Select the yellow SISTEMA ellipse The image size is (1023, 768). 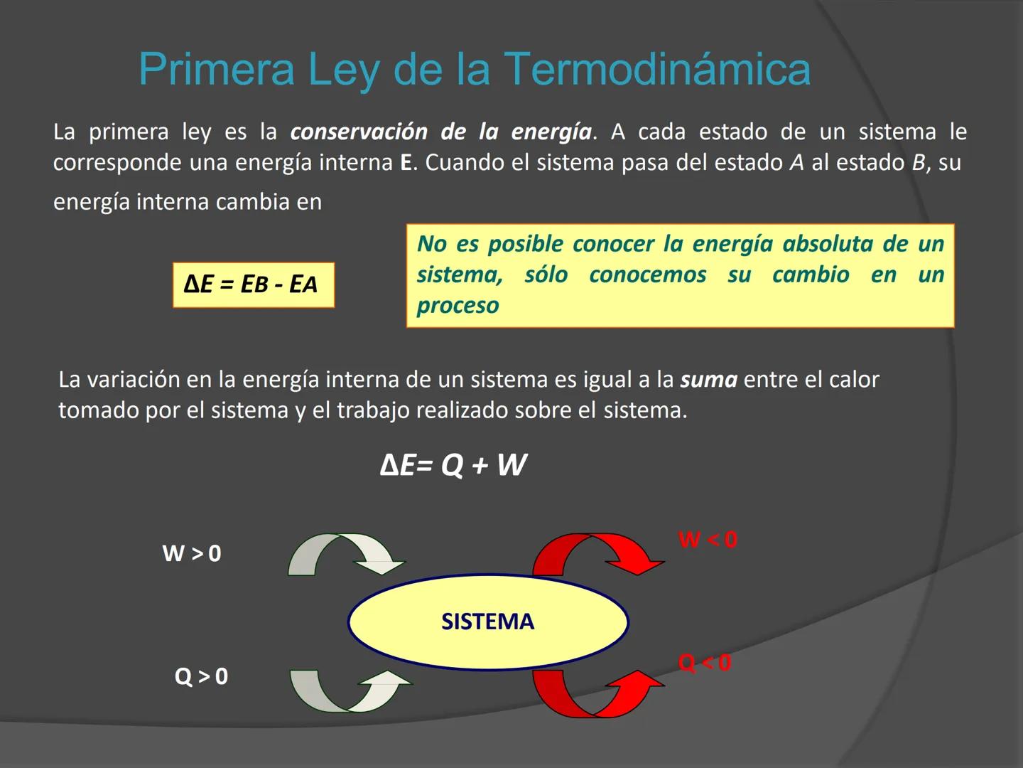pyautogui.click(x=488, y=622)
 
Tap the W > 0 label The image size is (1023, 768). pyautogui.click(x=192, y=553)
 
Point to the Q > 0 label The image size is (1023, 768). pyautogui.click(x=202, y=676)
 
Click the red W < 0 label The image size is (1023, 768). pyautogui.click(x=708, y=540)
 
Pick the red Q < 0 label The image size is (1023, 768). pyautogui.click(x=704, y=663)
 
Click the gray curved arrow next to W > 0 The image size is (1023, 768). pyautogui.click(x=345, y=553)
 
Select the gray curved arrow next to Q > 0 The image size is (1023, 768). pyautogui.click(x=348, y=690)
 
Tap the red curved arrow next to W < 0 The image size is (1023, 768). pyautogui.click(x=597, y=553)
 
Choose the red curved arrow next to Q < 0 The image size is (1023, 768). pyautogui.click(x=597, y=693)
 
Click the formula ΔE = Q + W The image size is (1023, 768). pyautogui.click(x=453, y=465)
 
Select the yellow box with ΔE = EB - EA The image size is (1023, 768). pyautogui.click(x=253, y=285)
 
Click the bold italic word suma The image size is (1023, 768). pyautogui.click(x=708, y=380)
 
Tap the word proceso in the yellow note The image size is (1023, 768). pyautogui.click(x=458, y=306)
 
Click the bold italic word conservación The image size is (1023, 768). pyautogui.click(x=359, y=132)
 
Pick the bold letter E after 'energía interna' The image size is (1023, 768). pyautogui.click(x=406, y=163)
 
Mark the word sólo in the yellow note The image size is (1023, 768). pyautogui.click(x=546, y=274)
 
